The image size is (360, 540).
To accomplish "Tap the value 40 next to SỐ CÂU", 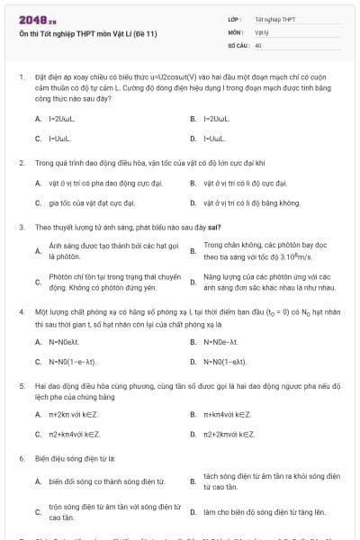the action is [258, 44].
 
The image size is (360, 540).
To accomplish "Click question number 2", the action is [21, 163].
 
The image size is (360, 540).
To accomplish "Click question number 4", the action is [21, 310].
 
